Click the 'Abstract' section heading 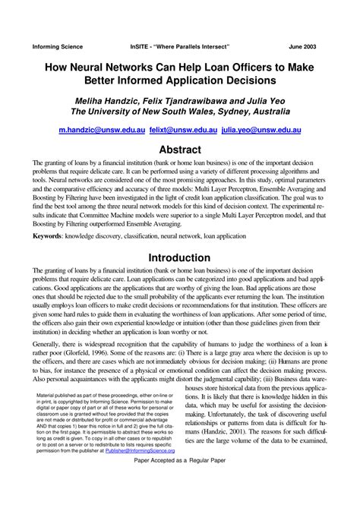click(180, 150)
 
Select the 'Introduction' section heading click(180, 258)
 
